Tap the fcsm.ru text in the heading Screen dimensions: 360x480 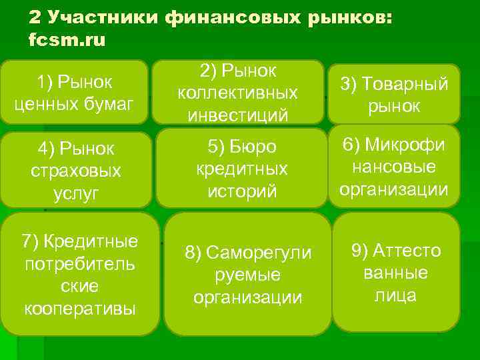click(67, 40)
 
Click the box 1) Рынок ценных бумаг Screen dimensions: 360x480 click(74, 92)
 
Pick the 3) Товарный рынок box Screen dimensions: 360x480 click(393, 94)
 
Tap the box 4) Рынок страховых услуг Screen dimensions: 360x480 click(75, 170)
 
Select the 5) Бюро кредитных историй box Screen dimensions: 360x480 click(242, 169)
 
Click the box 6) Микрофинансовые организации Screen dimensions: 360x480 click(393, 167)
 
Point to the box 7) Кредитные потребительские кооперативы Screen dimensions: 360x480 click(80, 274)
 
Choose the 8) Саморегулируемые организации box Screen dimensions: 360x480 click(247, 274)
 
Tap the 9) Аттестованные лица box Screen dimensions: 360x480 click(396, 272)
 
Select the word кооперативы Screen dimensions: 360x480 click(80, 309)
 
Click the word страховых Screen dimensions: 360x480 click(76, 171)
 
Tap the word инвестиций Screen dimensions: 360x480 click(238, 115)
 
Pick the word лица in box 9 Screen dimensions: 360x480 click(396, 295)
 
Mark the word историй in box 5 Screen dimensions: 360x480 click(242, 192)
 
